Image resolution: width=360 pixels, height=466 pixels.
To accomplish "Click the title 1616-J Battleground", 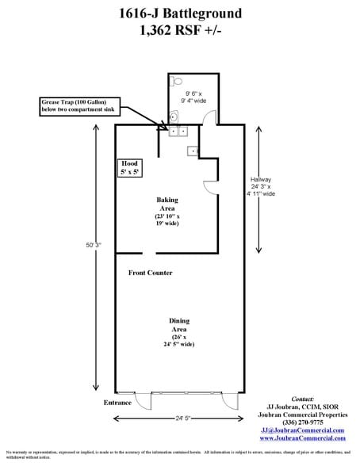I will (179, 13).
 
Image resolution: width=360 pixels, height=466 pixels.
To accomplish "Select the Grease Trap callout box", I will (78, 106).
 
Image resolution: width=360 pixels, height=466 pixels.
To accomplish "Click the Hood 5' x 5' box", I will (130, 166).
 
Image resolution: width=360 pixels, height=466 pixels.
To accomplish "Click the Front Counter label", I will (151, 273).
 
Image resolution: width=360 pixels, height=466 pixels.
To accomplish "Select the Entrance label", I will (117, 403).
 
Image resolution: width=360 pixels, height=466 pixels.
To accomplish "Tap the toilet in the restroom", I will (178, 81).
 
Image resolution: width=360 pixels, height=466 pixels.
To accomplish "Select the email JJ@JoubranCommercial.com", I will (303, 430).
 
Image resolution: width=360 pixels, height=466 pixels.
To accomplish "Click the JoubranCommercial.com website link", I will (303, 437).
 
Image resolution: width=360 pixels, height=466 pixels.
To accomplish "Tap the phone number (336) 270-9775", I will (303, 422).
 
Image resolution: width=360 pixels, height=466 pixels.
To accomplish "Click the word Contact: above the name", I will (303, 399).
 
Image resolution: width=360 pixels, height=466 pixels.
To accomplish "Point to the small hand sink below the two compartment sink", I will (192, 151).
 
